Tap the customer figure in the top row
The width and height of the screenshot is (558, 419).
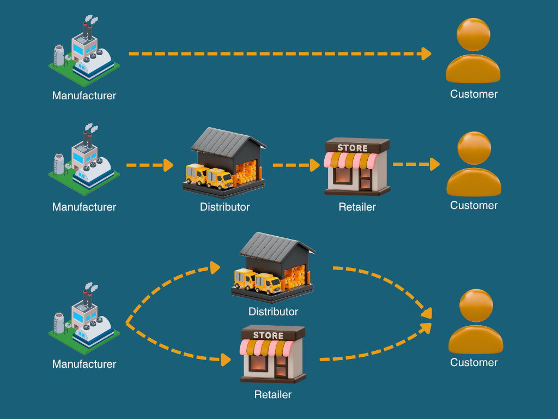point(473,52)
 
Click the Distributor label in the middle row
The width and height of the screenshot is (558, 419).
point(225,207)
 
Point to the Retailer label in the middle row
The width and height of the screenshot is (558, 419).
point(357,207)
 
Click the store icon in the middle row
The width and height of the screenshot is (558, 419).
point(357,166)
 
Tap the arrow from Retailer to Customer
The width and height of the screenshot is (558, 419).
point(416,164)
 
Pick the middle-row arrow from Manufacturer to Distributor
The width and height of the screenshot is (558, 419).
point(149,164)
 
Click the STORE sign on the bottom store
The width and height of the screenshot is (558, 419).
point(269,335)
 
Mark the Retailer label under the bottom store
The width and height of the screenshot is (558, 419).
point(273,394)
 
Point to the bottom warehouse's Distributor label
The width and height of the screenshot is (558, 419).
point(273,312)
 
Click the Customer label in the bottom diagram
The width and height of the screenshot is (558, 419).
point(474,363)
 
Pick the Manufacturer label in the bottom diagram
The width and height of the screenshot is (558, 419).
point(84,364)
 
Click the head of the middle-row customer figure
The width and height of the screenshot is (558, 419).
point(474,148)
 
